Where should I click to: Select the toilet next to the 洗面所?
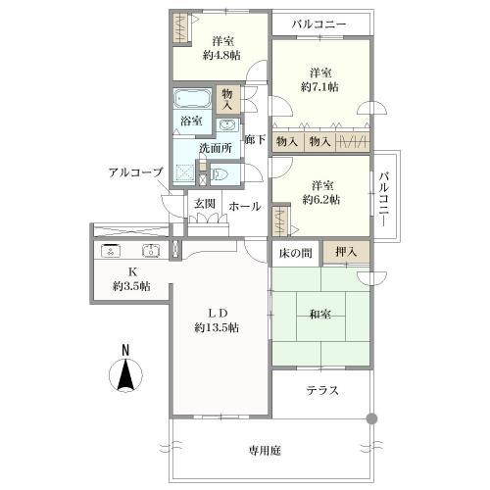tap(221, 174)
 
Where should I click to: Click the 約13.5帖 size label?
tap(218, 327)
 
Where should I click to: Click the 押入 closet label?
tap(346, 253)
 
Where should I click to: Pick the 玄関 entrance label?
tap(205, 204)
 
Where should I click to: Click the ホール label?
tap(244, 206)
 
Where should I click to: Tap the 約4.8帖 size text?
tap(222, 55)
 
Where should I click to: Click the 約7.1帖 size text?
tap(320, 87)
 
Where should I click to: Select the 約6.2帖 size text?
tap(320, 199)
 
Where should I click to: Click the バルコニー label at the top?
tap(321, 23)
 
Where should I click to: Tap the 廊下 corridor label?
tap(255, 139)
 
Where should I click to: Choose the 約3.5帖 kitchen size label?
tap(130, 286)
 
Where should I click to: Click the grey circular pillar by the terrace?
tap(371, 418)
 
